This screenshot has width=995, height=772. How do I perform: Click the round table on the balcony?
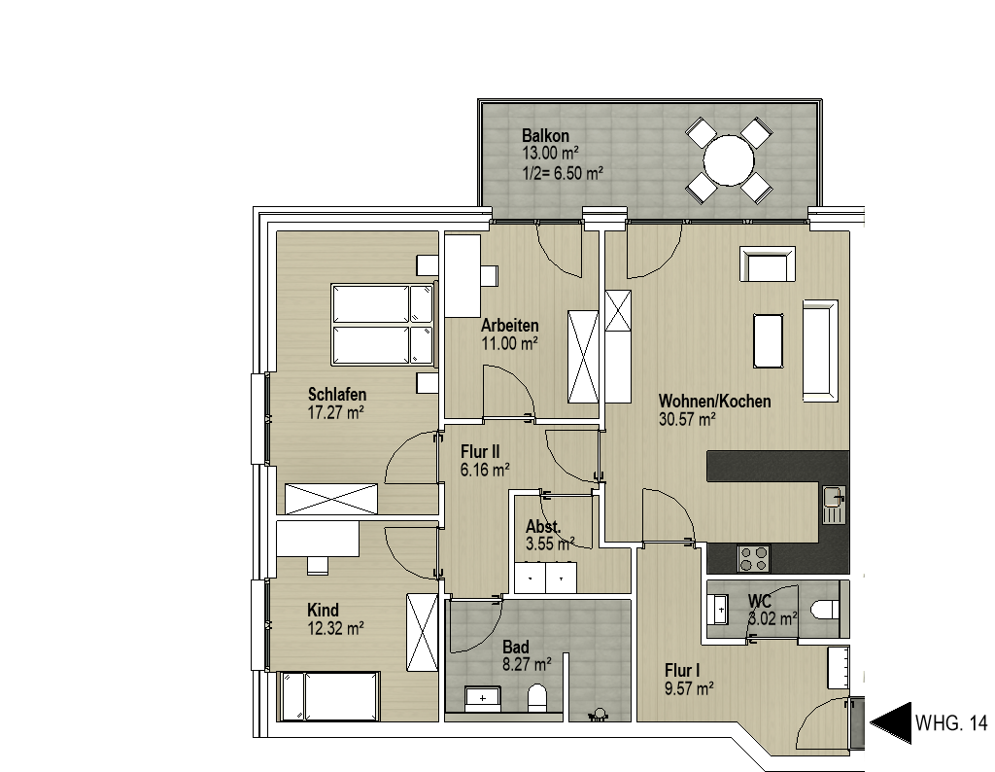pyautogui.click(x=729, y=160)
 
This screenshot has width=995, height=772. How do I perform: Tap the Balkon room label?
pyautogui.click(x=545, y=135)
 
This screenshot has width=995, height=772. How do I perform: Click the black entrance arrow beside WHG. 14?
pyautogui.click(x=890, y=723)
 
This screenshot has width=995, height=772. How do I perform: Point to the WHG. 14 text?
pyautogui.click(x=951, y=723)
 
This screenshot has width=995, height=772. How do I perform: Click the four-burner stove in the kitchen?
pyautogui.click(x=753, y=558)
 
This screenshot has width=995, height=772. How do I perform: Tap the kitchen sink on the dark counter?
pyautogui.click(x=835, y=505)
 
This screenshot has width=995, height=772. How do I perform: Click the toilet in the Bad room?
pyautogui.click(x=536, y=698)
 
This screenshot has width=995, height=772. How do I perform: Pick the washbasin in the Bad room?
pyautogui.click(x=483, y=699)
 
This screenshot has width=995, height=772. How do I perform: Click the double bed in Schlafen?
pyautogui.click(x=383, y=326)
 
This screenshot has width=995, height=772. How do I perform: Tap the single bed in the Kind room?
pyautogui.click(x=330, y=696)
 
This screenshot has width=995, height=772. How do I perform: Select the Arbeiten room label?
pyautogui.click(x=509, y=326)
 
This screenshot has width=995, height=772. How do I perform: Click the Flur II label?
pyautogui.click(x=480, y=452)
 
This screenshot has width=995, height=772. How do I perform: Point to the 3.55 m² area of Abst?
pyautogui.click(x=550, y=544)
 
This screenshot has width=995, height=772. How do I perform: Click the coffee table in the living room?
pyautogui.click(x=768, y=340)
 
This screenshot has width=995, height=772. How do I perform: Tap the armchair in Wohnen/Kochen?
pyautogui.click(x=768, y=264)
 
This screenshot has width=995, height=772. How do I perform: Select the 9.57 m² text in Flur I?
pyautogui.click(x=690, y=688)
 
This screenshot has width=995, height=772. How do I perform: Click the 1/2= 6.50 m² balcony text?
pyautogui.click(x=563, y=173)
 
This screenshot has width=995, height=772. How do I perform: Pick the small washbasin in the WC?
pyautogui.click(x=720, y=610)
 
